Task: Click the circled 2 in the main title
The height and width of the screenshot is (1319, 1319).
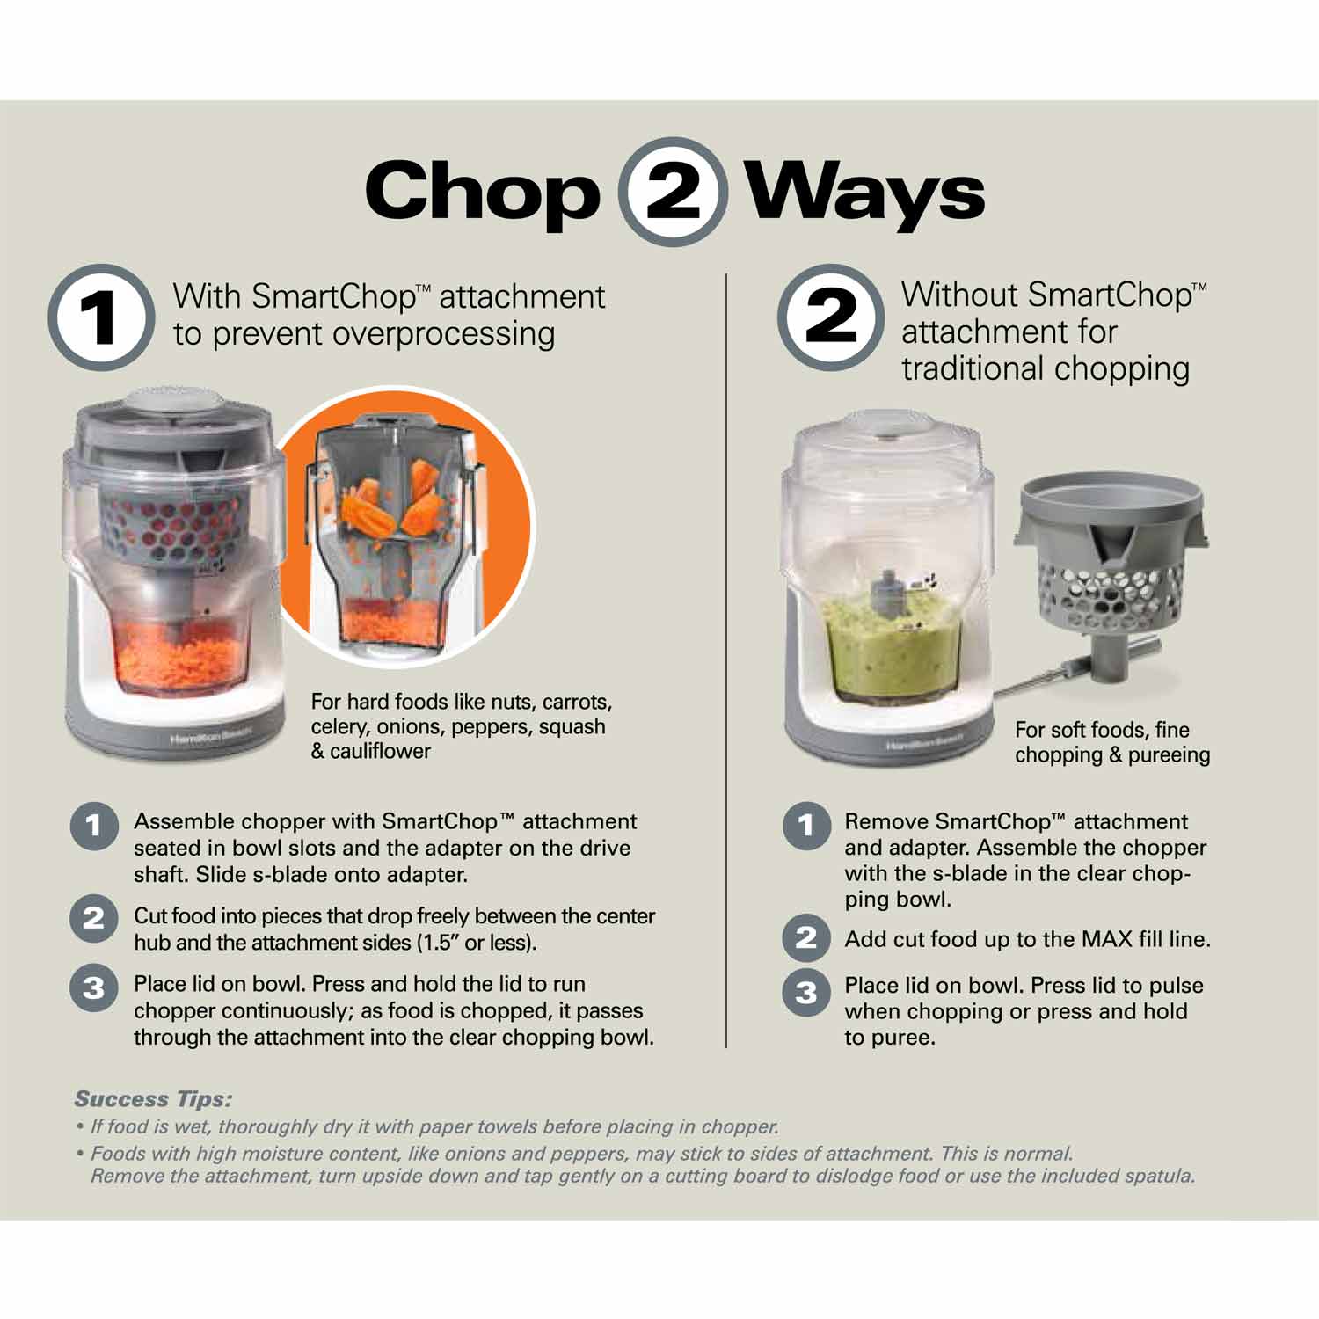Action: (673, 192)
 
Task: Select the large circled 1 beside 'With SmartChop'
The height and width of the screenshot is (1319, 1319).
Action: (101, 317)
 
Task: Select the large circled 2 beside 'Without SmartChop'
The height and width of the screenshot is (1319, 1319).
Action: (830, 317)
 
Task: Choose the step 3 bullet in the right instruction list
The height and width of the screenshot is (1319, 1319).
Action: (805, 993)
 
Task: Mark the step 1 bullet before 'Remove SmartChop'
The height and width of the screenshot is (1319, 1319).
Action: (805, 826)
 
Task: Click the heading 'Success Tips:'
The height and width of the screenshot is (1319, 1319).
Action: (153, 1099)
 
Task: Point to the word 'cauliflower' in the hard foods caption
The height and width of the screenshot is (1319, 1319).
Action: (381, 752)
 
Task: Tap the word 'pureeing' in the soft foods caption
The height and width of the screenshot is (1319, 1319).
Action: (1170, 755)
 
